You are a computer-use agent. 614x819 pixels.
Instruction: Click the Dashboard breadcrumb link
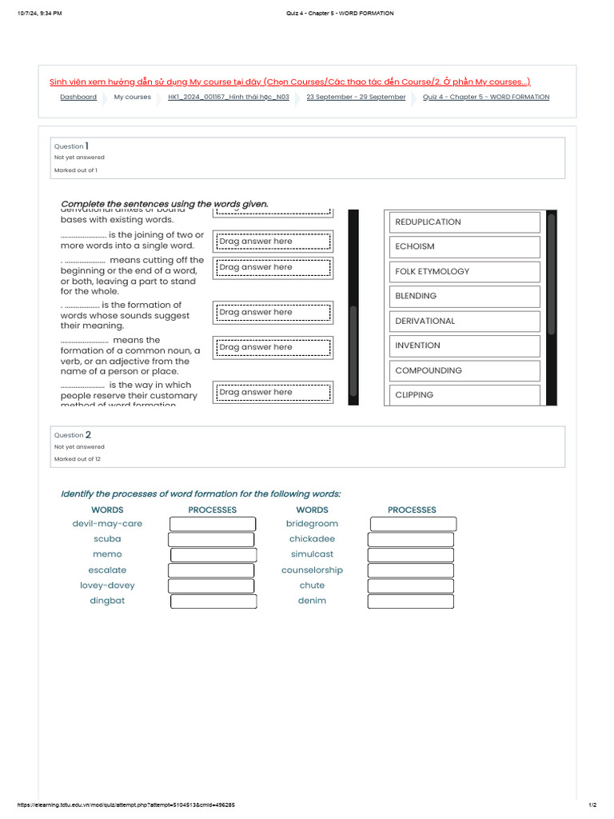tap(78, 97)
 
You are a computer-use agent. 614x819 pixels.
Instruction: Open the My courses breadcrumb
tap(132, 97)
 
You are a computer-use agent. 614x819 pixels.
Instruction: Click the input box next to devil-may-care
tap(213, 524)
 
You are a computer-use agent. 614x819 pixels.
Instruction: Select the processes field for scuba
tap(211, 539)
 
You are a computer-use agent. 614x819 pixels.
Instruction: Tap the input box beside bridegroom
tap(413, 524)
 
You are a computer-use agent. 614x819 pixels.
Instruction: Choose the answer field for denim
tap(411, 601)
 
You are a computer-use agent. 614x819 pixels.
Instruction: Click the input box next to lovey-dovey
tap(211, 585)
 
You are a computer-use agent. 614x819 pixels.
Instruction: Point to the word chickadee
tap(312, 539)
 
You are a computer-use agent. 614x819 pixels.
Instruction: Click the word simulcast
tap(312, 554)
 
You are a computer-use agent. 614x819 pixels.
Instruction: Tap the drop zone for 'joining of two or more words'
tap(273, 242)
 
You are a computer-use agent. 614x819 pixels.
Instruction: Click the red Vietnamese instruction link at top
tap(289, 82)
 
